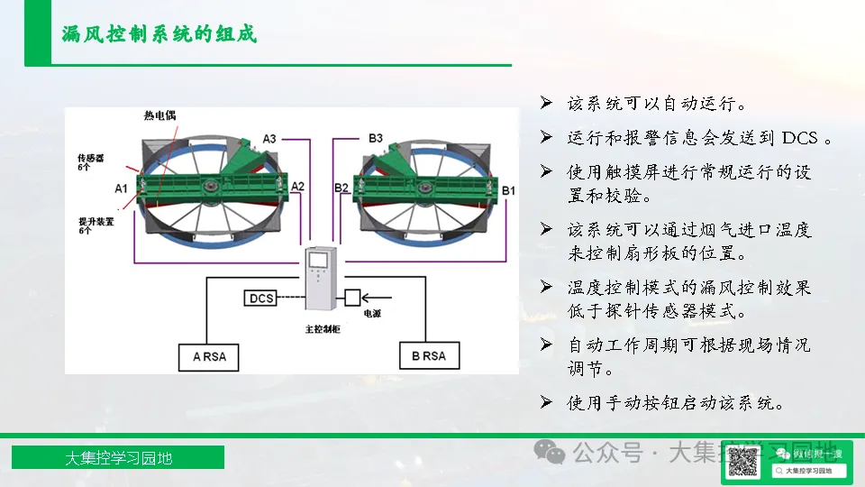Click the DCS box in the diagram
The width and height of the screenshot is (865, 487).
(261, 298)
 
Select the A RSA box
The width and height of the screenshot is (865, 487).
(210, 356)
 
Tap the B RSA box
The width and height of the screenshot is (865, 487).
(429, 356)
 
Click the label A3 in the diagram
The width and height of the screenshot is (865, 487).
(269, 138)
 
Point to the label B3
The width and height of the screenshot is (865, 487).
(376, 138)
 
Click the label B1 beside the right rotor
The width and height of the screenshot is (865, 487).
(509, 190)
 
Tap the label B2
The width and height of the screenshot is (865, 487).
(341, 188)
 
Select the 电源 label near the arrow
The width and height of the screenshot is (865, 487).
(371, 316)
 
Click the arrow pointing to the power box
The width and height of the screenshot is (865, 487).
(379, 297)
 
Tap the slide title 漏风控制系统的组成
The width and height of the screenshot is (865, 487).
(159, 34)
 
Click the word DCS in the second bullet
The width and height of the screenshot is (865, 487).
(799, 138)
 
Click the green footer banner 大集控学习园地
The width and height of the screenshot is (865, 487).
(118, 458)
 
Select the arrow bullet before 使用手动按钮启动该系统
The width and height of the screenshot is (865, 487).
(546, 402)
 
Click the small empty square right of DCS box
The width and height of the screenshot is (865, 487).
(352, 297)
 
